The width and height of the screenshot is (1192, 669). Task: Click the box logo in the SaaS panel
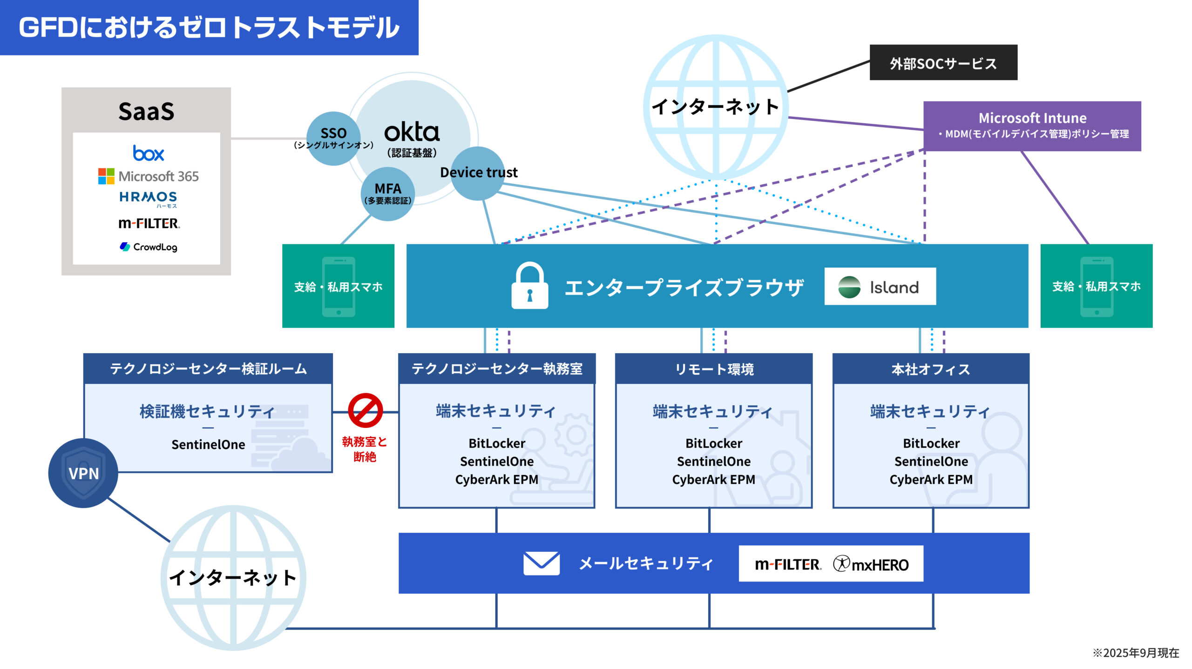[148, 153]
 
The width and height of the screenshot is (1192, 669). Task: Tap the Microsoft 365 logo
[148, 176]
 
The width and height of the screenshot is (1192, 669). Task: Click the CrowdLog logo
[148, 247]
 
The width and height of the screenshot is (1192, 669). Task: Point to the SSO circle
[333, 138]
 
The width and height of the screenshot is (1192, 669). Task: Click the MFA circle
[387, 194]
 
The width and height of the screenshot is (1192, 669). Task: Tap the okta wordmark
[412, 133]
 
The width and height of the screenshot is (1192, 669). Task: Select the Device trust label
[479, 173]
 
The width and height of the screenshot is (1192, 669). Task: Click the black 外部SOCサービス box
[943, 63]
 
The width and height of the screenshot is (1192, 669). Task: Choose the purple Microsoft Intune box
[1032, 126]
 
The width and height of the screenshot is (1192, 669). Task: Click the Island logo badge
[880, 287]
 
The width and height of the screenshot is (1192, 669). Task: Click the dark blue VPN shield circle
[83, 473]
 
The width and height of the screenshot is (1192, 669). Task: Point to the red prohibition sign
[366, 411]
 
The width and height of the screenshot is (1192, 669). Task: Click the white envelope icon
[541, 563]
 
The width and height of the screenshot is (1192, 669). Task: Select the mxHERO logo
[871, 564]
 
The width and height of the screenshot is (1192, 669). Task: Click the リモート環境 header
[714, 369]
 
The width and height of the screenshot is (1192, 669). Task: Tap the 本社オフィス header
[930, 369]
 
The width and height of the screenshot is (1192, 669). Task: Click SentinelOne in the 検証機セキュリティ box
[208, 445]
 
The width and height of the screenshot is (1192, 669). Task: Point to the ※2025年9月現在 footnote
[1136, 653]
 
